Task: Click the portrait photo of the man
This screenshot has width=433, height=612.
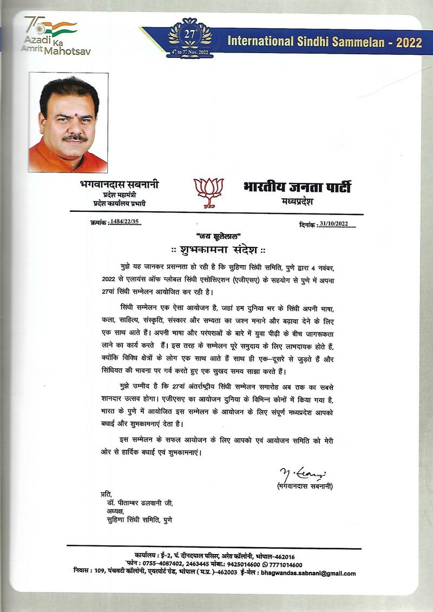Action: pos(68,122)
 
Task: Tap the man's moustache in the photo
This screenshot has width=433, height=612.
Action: pos(74,138)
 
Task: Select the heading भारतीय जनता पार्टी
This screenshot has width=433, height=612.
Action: pos(297,187)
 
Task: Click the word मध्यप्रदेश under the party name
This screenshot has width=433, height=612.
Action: pos(297,201)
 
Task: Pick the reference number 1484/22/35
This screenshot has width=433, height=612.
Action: pos(124,222)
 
